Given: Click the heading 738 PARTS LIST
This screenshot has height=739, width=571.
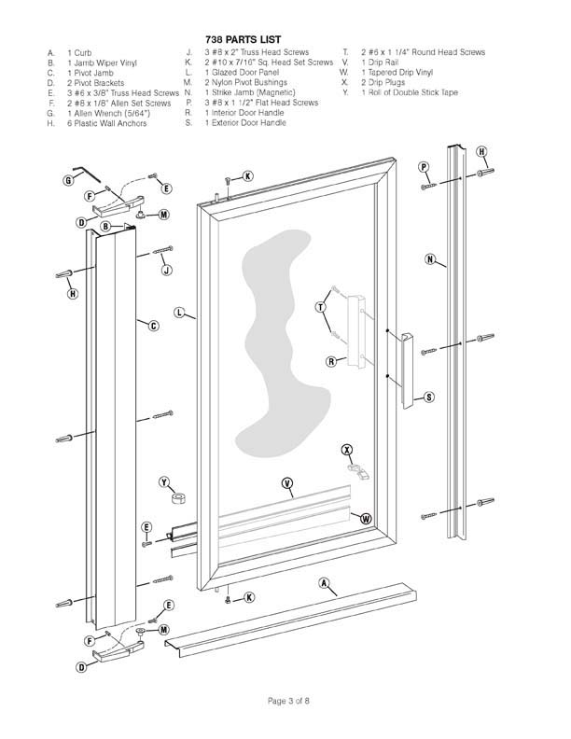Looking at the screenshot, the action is coord(244,39).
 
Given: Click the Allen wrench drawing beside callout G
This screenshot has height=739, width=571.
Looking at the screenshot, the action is coord(88,173).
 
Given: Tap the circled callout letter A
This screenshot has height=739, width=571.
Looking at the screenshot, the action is coord(324,583).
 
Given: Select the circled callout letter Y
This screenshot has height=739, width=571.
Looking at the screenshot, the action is coord(164,482).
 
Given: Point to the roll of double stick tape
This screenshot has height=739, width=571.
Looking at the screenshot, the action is coord(178,497).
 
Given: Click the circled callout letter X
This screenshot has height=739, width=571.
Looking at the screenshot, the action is coord(347,450).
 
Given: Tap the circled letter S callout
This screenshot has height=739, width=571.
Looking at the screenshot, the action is coord(429,397).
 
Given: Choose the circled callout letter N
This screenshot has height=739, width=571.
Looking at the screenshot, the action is coord(430,258).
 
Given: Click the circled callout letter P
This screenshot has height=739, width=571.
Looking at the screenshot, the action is coord(424,167).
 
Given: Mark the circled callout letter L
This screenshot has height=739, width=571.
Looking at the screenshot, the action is coord(179,312).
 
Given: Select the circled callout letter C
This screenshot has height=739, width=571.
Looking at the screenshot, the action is coord(154,326).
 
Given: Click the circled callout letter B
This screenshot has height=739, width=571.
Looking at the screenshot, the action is coord(105,226).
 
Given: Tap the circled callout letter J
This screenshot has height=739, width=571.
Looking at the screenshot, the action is coord(166,270).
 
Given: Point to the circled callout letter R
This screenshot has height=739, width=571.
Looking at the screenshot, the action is coord(331,361).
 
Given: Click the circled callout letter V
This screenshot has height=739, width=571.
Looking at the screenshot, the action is coord(287,482).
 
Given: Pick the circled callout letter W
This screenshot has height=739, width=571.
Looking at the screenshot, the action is coord(366,519).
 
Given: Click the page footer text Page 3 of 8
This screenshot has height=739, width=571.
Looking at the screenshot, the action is coord(288,701).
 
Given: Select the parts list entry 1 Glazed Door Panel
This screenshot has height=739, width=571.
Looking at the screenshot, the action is coord(242,72).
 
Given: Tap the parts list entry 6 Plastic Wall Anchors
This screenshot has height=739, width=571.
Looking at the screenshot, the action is coord(106,123).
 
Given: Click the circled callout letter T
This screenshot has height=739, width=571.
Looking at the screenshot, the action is coord(320,307).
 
